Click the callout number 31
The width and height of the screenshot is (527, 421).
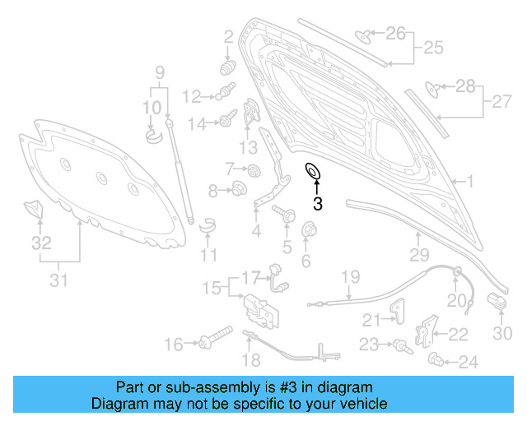click(x=58, y=281)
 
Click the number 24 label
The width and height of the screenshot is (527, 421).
click(x=468, y=362)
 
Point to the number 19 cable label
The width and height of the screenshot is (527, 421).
click(x=352, y=275)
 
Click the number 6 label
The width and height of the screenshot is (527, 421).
click(x=305, y=261)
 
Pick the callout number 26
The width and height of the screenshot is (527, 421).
click(x=396, y=34)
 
